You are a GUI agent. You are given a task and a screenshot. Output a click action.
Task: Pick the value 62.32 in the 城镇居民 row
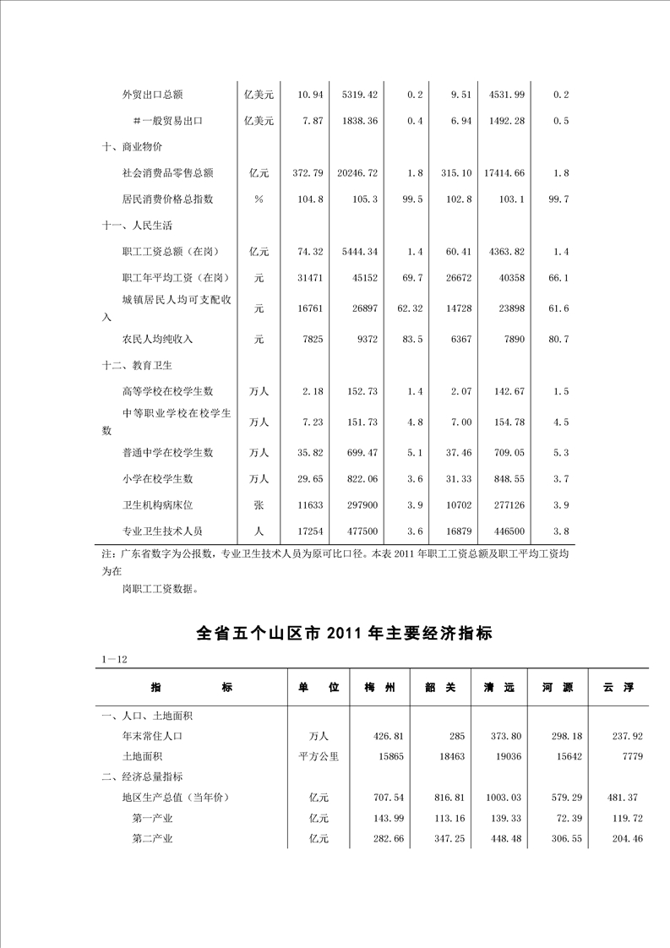click(x=409, y=308)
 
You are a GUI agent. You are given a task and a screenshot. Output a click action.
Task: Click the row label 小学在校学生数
click(x=157, y=479)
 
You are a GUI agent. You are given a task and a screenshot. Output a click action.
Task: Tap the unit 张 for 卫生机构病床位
click(x=259, y=505)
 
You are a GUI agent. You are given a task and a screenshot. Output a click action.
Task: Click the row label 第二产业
click(x=153, y=838)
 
